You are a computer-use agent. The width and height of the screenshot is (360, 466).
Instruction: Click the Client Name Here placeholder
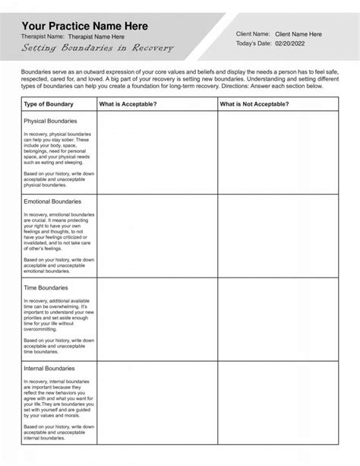[298, 34]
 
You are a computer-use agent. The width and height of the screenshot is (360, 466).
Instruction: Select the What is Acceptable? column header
[128, 103]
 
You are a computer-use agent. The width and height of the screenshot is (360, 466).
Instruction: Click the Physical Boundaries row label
[50, 120]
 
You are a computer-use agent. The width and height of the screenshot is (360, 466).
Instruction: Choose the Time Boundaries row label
[46, 288]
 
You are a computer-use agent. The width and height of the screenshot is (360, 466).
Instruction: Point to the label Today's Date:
[254, 45]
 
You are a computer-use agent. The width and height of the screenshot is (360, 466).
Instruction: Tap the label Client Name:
[254, 34]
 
